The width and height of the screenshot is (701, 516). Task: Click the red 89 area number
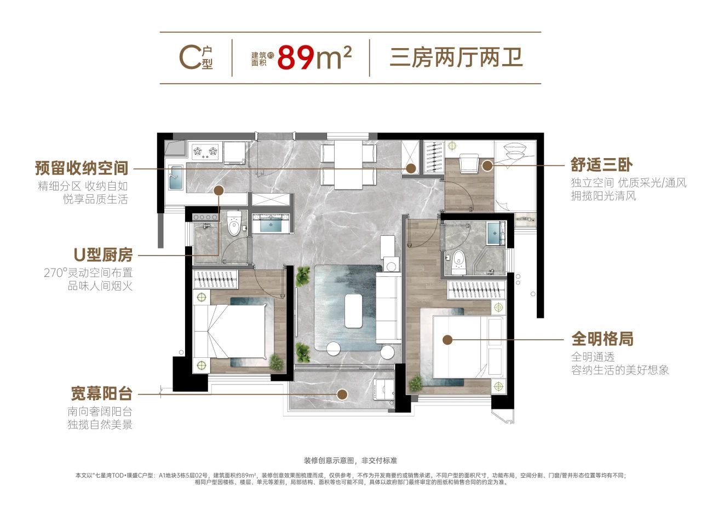(296, 58)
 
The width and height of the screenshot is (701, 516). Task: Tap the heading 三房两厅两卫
(456, 58)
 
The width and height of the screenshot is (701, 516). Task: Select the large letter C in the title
(190, 57)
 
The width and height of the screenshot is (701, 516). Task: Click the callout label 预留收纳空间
(82, 168)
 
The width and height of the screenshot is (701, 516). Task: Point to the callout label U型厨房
(104, 255)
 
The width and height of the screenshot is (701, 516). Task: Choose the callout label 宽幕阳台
(102, 394)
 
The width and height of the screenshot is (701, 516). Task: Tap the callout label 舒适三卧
(601, 165)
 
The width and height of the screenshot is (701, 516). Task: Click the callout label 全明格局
(602, 339)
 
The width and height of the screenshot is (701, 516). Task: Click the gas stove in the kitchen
(205, 152)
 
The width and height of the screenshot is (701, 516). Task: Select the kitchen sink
(176, 177)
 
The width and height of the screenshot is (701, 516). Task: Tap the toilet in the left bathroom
(233, 224)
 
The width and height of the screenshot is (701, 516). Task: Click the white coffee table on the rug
(354, 311)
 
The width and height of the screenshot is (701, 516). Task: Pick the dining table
(348, 165)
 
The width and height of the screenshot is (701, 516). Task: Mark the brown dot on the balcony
(342, 395)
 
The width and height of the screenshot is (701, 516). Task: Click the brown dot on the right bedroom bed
(448, 340)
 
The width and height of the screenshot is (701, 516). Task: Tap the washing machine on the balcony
(384, 389)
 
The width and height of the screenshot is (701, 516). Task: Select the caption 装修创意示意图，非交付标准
(350, 461)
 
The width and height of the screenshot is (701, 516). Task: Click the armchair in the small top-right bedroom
(469, 163)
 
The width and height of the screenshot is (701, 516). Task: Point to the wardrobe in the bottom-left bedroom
(216, 279)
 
